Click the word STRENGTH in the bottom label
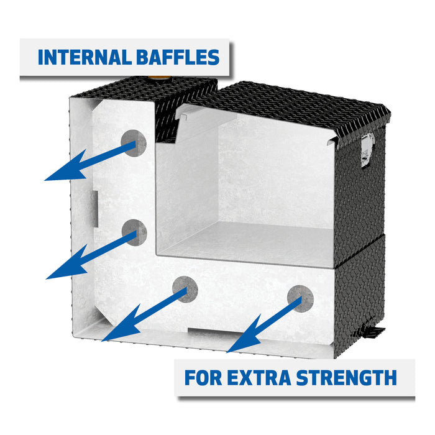tap(346, 377)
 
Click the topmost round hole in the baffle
tap(134, 143)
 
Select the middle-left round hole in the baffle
tap(134, 232)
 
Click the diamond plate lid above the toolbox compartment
tap(292, 103)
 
